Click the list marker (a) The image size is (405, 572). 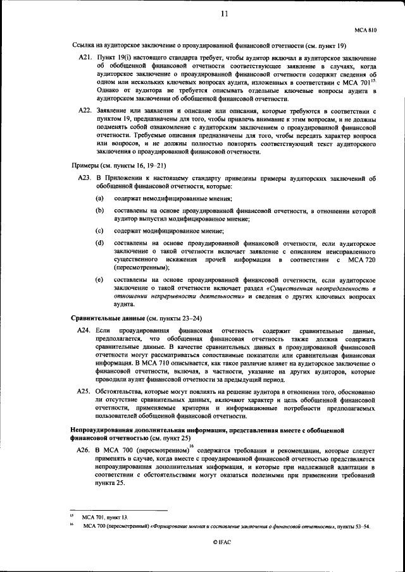pyautogui.click(x=99, y=199)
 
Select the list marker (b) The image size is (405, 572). pyautogui.click(x=99, y=210)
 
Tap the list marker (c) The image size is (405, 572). pyautogui.click(x=99, y=231)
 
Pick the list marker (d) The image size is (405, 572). pyautogui.click(x=99, y=243)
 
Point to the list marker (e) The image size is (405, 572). pyautogui.click(x=99, y=279)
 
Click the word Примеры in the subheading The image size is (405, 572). pyautogui.click(x=84, y=165)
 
